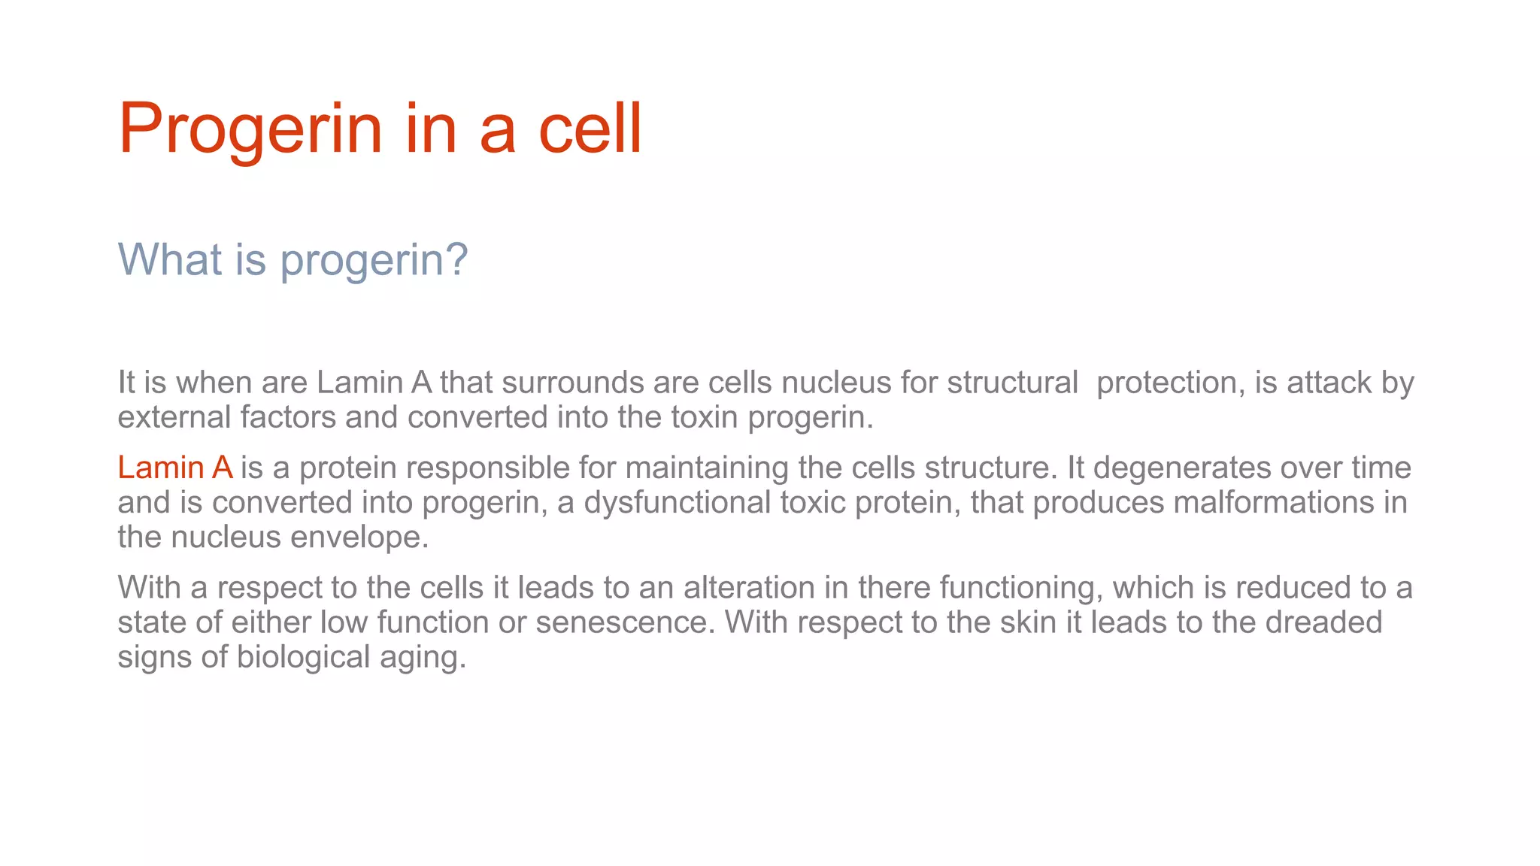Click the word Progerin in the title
[x=250, y=129]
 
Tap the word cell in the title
[x=590, y=129]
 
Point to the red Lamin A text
[x=175, y=468]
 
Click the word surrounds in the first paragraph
[x=572, y=383]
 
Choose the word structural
[x=1012, y=383]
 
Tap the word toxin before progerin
[x=705, y=417]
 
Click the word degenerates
[x=1182, y=468]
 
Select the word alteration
[x=749, y=587]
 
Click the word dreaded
[x=1323, y=622]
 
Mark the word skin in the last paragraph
[x=1029, y=622]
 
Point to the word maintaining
[x=707, y=468]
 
